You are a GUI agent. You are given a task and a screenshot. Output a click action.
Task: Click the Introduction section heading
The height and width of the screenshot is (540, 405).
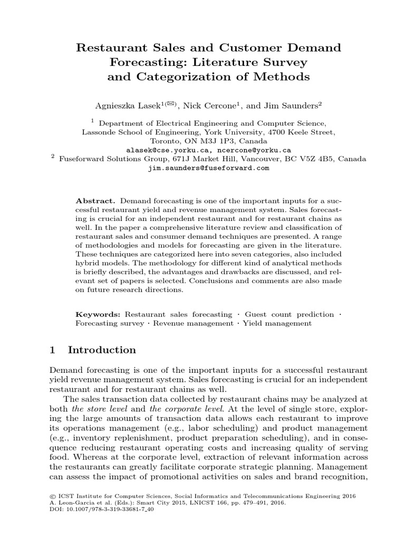pos(102,350)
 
